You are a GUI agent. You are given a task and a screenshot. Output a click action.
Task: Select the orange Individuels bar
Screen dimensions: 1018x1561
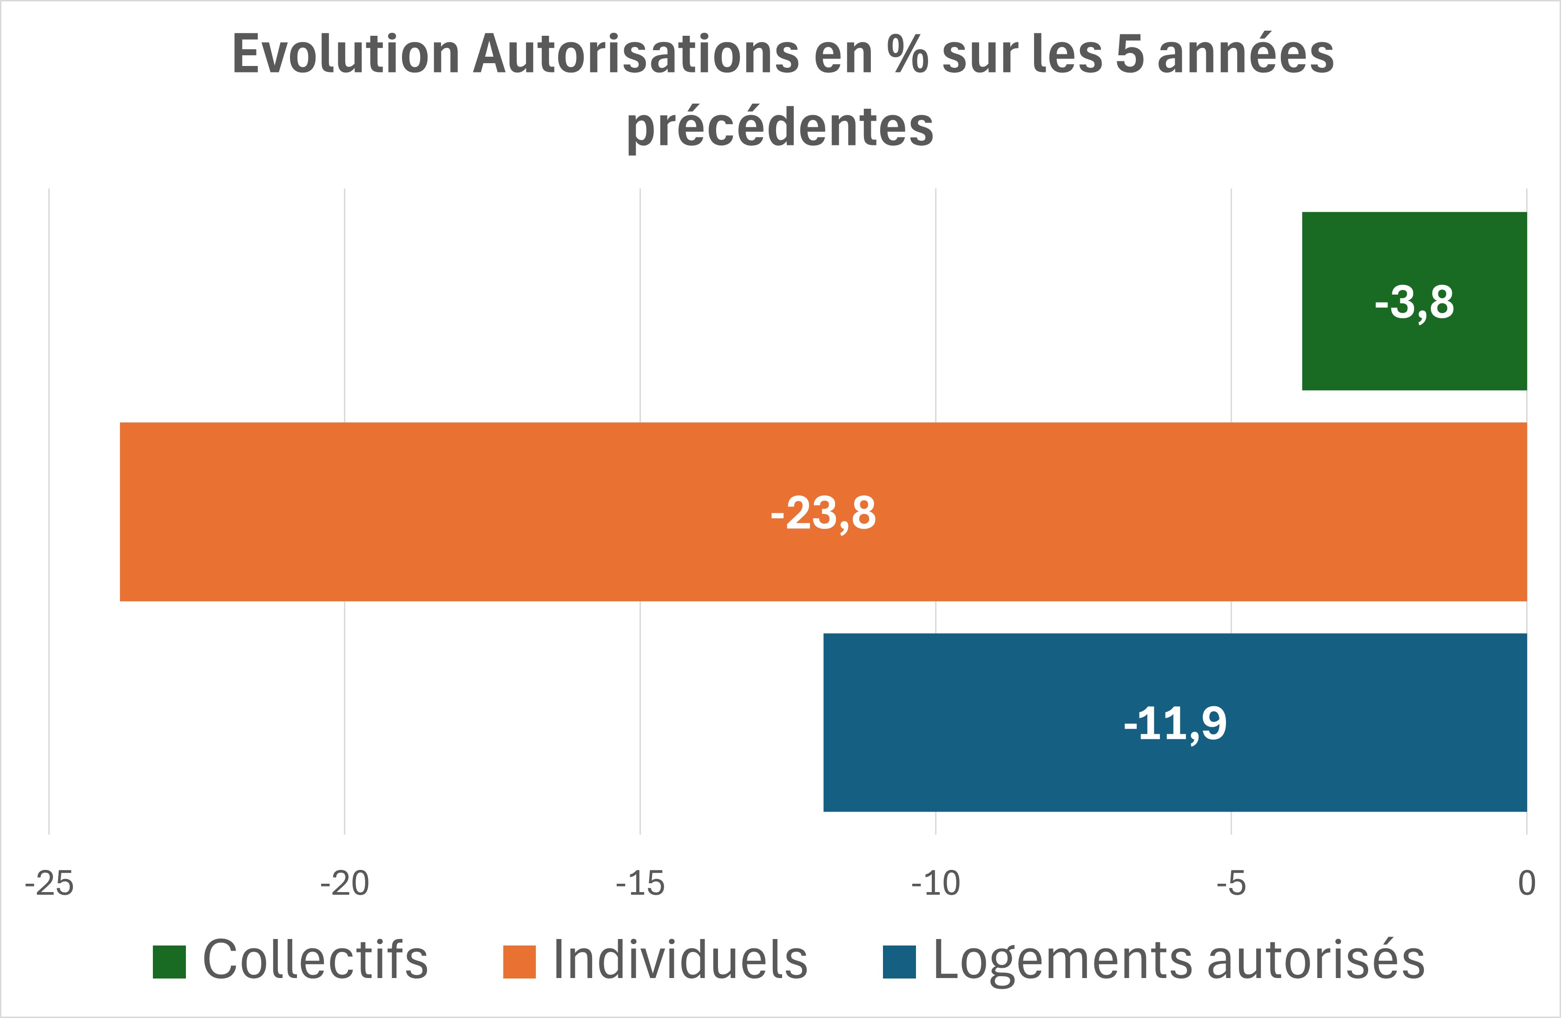pos(525,512)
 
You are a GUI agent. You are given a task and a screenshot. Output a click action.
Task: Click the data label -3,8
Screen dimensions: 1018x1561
pos(1415,302)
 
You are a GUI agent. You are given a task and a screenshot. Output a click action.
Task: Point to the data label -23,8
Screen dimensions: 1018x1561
pos(823,513)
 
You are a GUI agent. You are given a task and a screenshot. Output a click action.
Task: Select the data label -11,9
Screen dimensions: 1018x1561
pos(1175,724)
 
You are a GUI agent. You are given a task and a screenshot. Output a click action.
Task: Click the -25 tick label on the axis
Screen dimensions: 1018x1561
pos(49,884)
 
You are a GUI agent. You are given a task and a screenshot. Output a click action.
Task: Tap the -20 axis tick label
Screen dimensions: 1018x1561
pos(344,884)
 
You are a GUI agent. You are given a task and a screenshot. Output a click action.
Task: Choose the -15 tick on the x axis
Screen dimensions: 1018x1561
pos(640,884)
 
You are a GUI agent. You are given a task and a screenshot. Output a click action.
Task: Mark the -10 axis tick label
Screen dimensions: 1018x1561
pos(935,884)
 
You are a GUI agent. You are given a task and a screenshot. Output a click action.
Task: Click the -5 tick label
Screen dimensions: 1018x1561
pos(1231,884)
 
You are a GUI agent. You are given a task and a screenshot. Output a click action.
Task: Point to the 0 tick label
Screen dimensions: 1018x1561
pos(1526,884)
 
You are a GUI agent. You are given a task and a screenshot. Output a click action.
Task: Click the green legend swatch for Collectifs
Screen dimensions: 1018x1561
pos(169,962)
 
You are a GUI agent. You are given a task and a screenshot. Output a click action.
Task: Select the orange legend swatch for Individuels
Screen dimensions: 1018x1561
pos(520,962)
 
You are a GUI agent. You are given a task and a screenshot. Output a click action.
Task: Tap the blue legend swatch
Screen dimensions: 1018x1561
pos(899,962)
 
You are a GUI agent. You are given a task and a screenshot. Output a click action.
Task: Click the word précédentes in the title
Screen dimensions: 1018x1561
pos(780,126)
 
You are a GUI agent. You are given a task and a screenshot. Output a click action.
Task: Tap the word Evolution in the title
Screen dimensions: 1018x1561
pos(346,54)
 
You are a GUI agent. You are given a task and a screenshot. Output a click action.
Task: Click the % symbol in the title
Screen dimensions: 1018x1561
pos(907,54)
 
